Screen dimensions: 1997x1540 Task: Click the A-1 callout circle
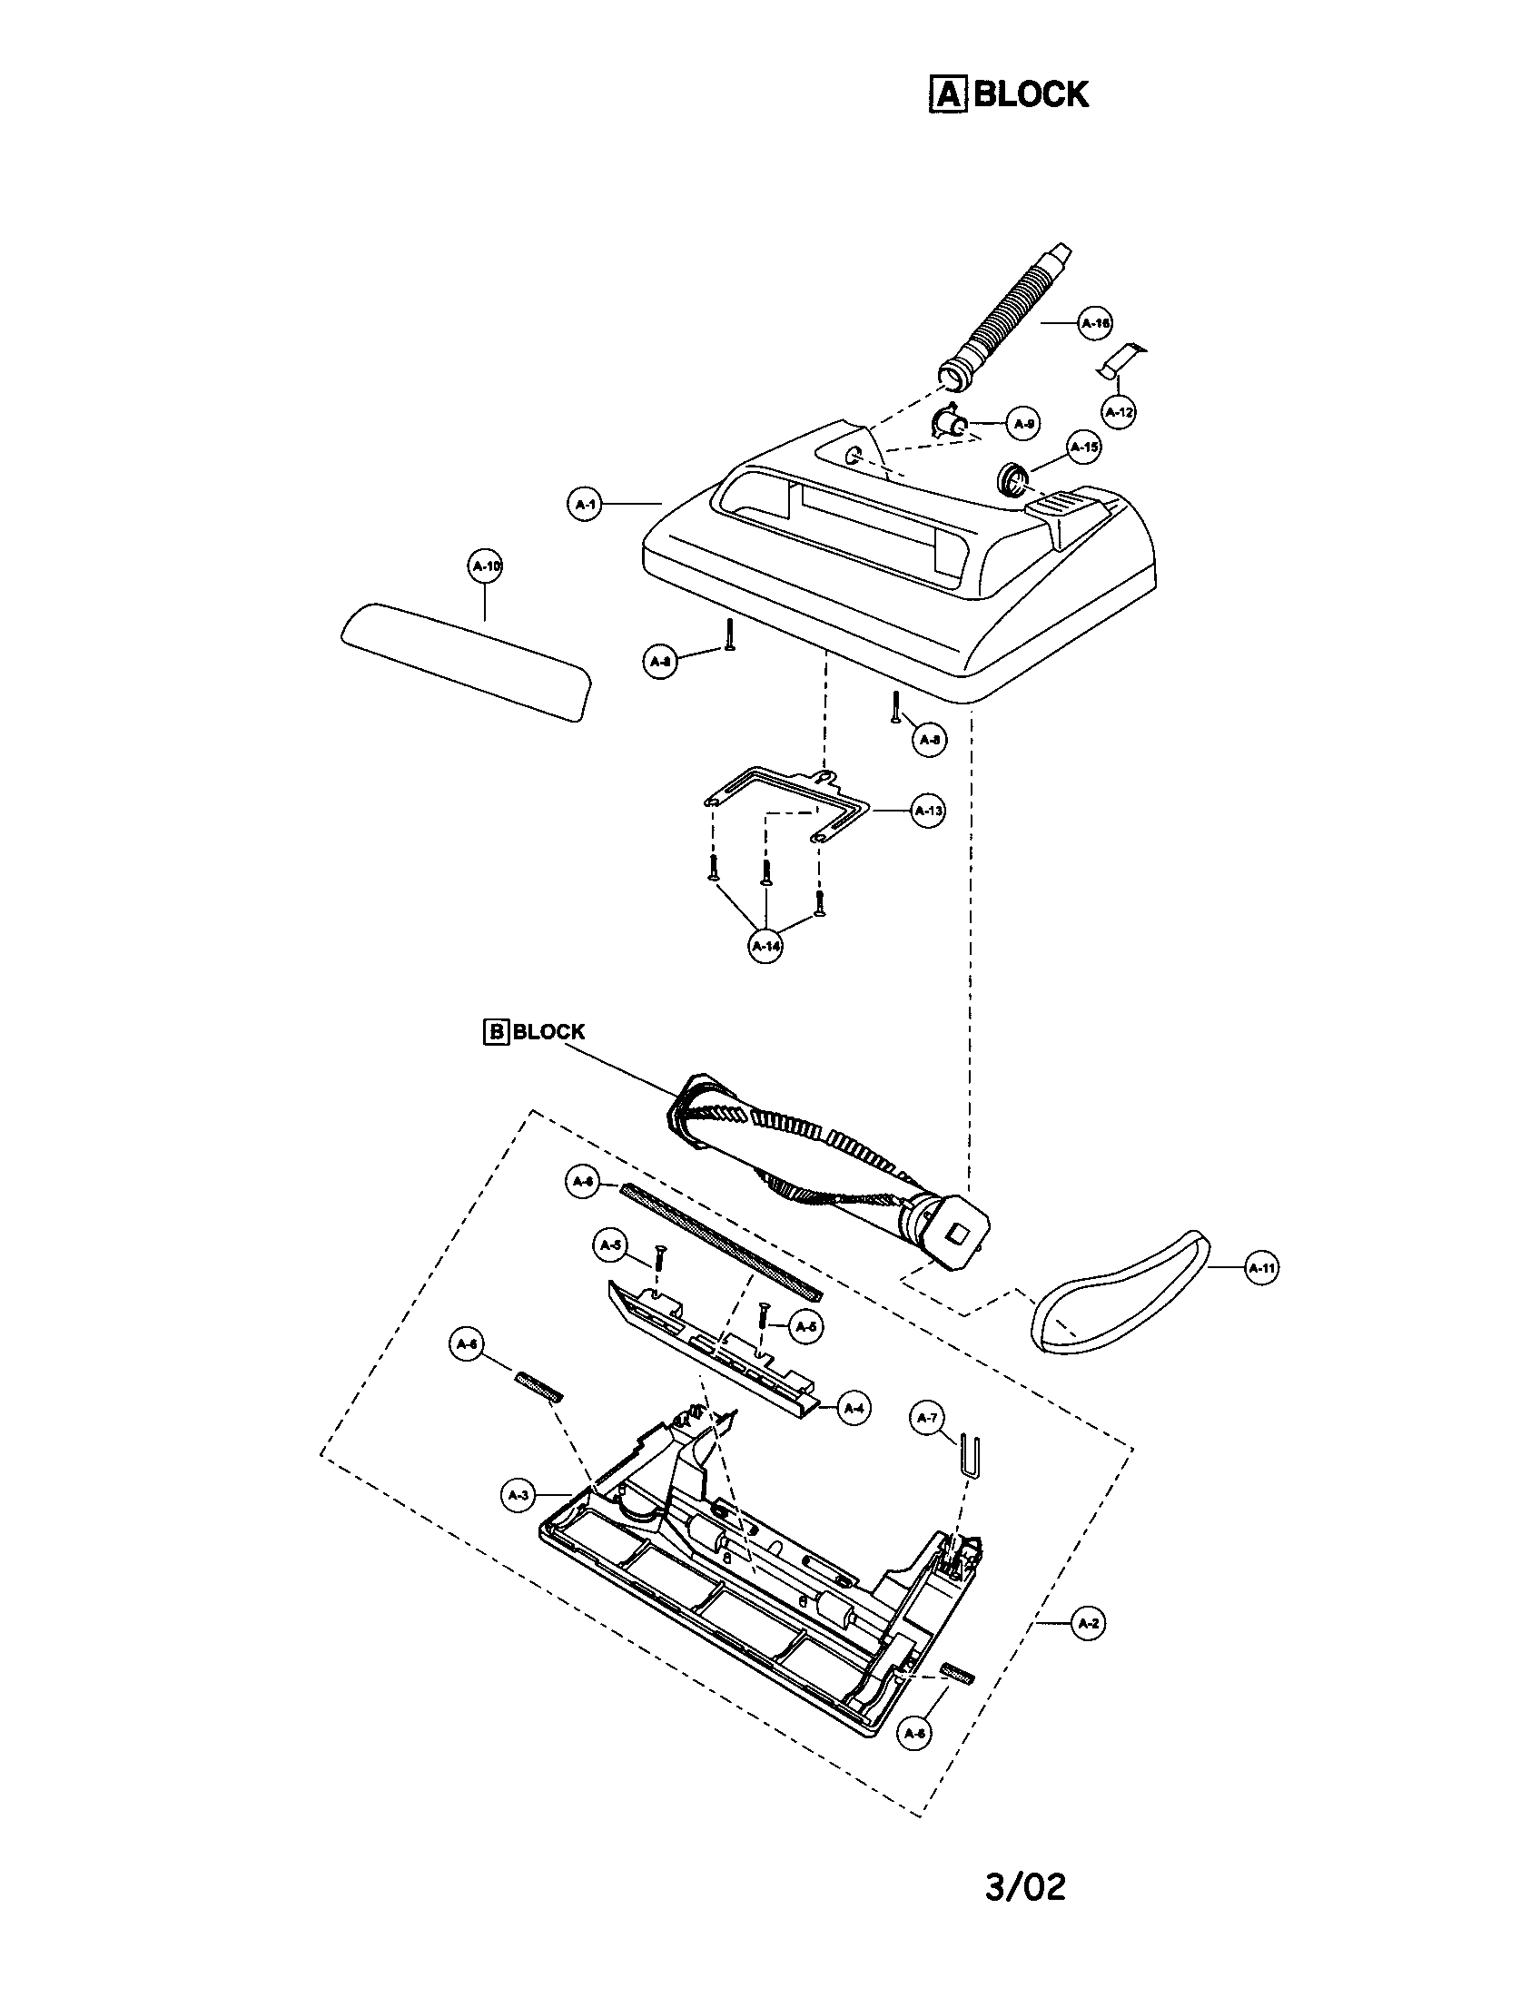(x=586, y=504)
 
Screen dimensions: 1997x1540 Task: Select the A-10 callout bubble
(x=486, y=566)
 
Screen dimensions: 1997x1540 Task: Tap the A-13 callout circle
(x=928, y=811)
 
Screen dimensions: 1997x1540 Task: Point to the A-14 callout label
(x=765, y=947)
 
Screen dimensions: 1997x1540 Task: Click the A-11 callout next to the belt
(x=1262, y=1268)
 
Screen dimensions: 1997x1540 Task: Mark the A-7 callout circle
(x=927, y=1417)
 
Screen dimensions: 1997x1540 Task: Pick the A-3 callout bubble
(x=518, y=1495)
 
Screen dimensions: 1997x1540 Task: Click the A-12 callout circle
(x=1119, y=412)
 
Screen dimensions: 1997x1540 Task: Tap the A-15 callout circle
(x=1084, y=448)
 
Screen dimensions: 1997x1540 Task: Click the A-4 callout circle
(x=854, y=1408)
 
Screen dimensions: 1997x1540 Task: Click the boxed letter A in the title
(x=947, y=94)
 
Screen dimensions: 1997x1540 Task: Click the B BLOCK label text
(x=534, y=1031)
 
